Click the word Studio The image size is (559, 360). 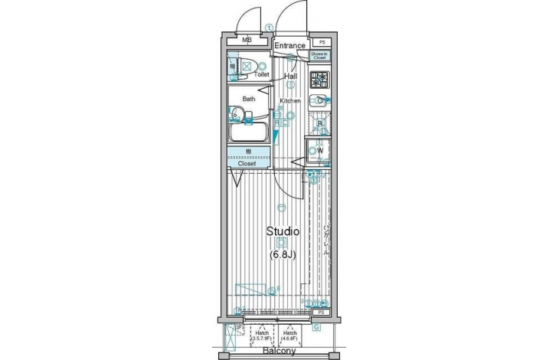click(282, 231)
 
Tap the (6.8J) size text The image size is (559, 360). click(283, 254)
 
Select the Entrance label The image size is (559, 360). click(291, 46)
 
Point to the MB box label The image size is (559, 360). click(247, 41)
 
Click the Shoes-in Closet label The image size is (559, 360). click(319, 55)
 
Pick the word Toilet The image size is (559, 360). click(261, 75)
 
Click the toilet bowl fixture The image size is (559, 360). click(247, 67)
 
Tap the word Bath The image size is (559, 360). click(249, 100)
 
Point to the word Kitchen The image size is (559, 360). click(289, 101)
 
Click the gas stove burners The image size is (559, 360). click(319, 78)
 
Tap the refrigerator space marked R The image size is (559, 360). click(320, 124)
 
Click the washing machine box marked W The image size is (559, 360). click(319, 150)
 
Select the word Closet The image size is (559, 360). click(247, 163)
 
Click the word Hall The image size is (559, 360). click(291, 77)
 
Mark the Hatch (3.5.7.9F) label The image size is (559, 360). click(262, 336)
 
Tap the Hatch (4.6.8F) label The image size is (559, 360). click(290, 336)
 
